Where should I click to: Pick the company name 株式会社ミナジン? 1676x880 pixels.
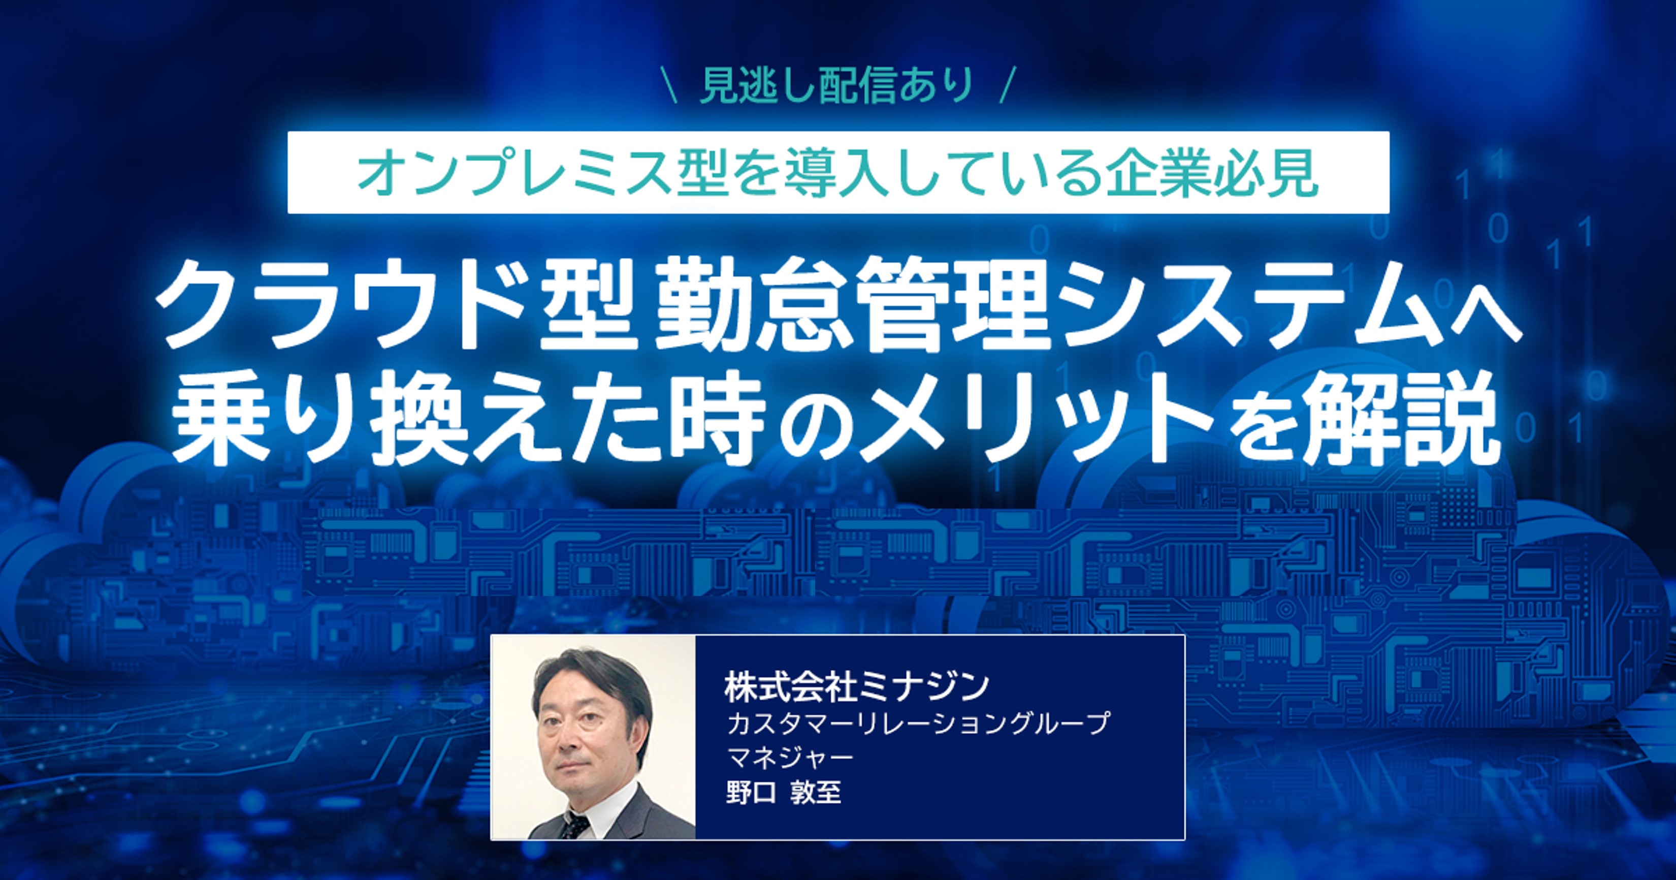[x=857, y=687]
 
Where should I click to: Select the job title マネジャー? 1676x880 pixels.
[x=790, y=757]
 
